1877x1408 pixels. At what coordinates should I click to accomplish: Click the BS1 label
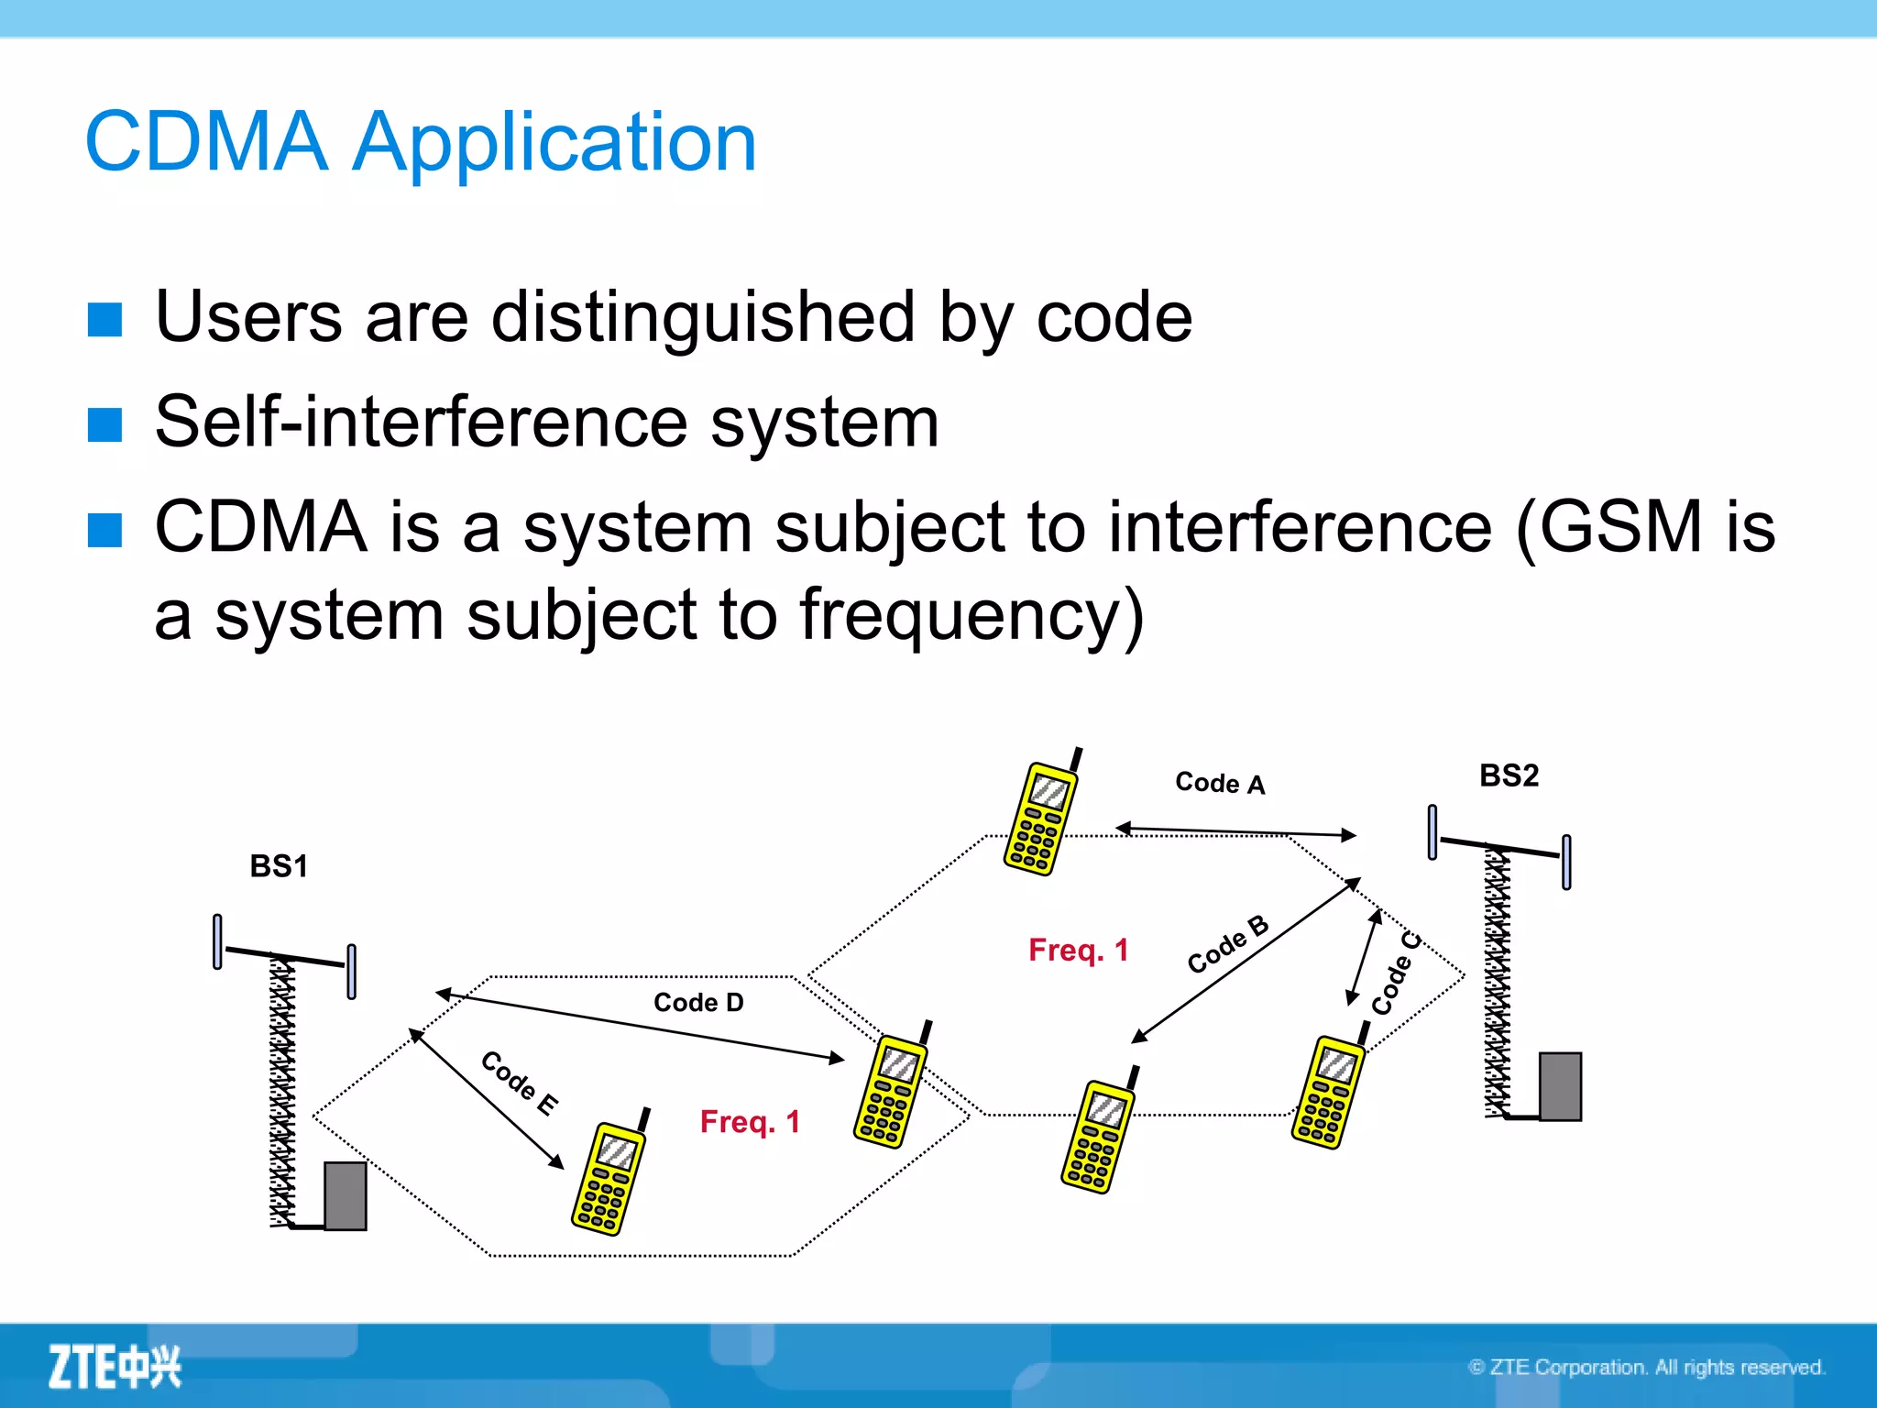click(279, 866)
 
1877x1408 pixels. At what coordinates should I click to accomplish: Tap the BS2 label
click(1509, 775)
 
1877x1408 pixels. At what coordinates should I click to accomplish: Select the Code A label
click(1219, 783)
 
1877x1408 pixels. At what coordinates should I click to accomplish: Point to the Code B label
click(1227, 944)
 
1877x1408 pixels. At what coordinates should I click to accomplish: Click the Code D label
click(698, 1002)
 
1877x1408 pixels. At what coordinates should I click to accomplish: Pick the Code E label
click(519, 1083)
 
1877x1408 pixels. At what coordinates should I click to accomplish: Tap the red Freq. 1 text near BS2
click(1078, 950)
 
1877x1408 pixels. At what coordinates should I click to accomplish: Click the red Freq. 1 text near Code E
click(750, 1121)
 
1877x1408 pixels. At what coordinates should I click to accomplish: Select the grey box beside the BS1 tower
click(346, 1195)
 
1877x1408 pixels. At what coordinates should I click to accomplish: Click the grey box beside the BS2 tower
click(1560, 1086)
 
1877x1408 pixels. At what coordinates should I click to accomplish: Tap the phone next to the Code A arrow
click(1042, 816)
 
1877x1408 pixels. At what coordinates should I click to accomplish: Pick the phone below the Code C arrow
click(1328, 1091)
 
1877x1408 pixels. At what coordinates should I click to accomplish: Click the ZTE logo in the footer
click(115, 1367)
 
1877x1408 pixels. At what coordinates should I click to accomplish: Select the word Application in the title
click(554, 142)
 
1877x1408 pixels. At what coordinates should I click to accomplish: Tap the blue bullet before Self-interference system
click(105, 424)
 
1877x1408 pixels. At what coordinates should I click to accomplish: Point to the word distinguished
click(703, 317)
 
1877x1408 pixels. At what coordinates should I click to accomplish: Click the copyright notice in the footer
click(1646, 1367)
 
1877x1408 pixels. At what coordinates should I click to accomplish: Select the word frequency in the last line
click(959, 615)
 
